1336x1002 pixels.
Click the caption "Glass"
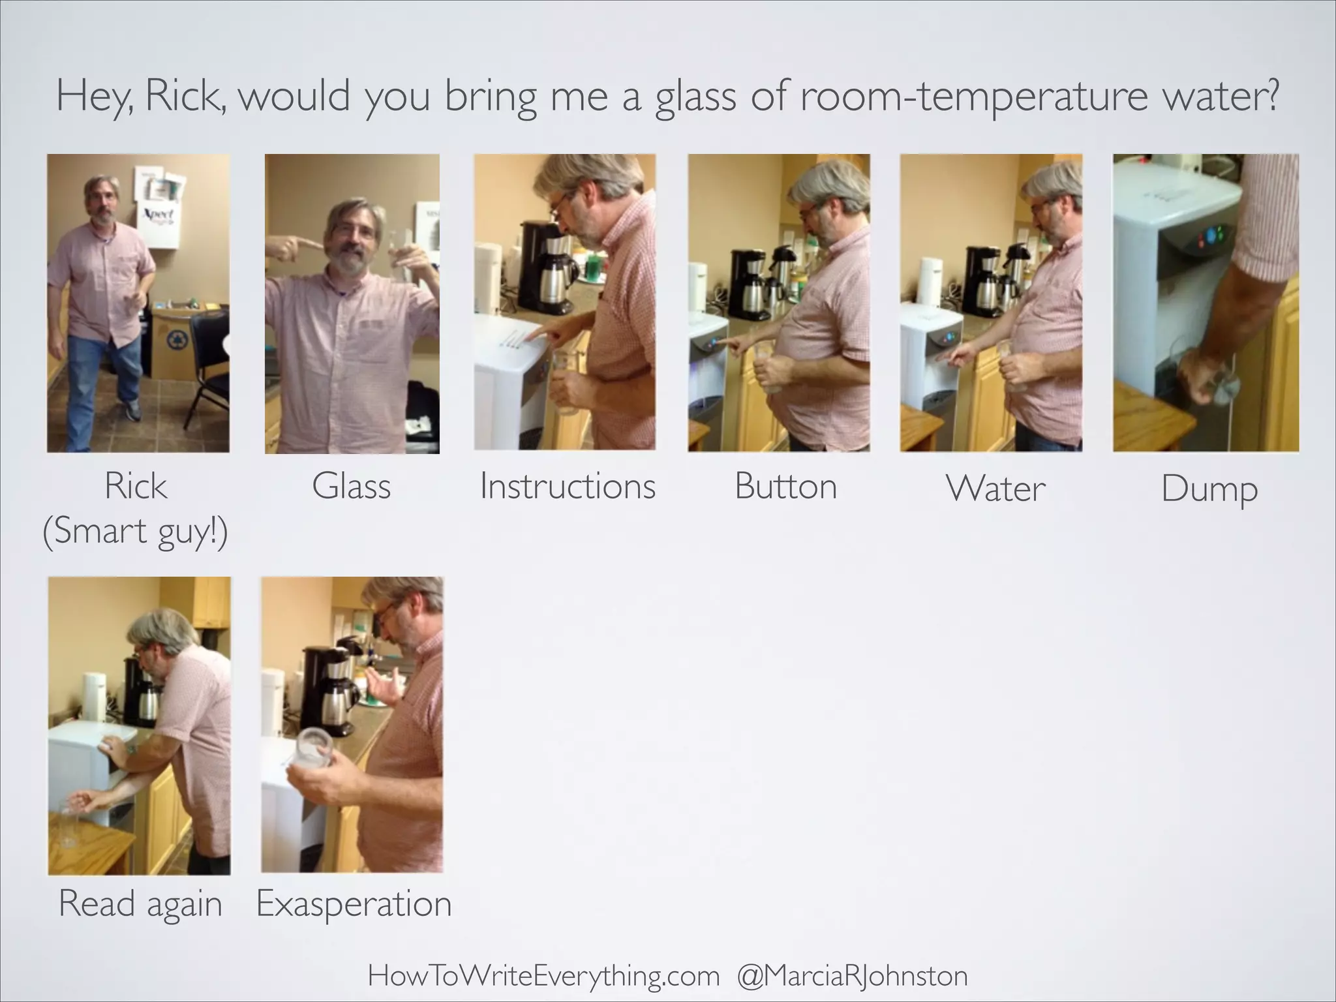pos(351,487)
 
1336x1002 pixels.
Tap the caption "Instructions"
pos(568,487)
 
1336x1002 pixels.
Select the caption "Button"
pos(785,487)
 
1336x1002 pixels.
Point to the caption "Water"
pos(995,489)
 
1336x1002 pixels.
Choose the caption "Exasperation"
pos(354,904)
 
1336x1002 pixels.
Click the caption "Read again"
pos(140,904)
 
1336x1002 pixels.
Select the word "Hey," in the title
pos(95,97)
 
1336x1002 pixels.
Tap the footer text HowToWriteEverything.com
pos(543,977)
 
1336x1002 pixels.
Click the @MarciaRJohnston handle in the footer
pos(852,977)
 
